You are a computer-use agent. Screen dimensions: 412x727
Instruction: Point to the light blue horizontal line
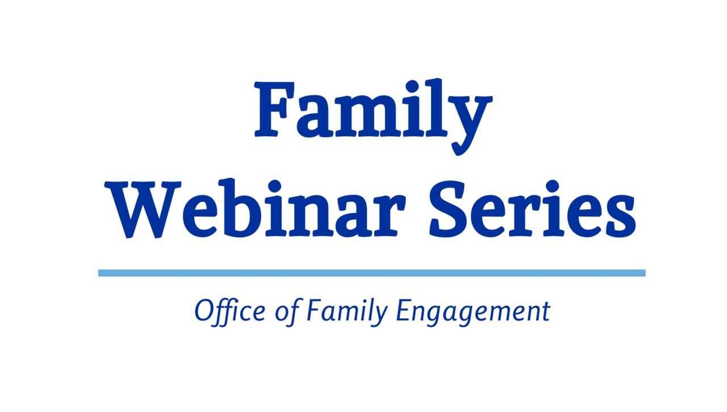[371, 273]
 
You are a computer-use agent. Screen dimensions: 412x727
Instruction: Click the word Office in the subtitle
[229, 311]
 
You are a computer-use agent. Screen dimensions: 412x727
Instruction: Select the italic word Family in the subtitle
[347, 312]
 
